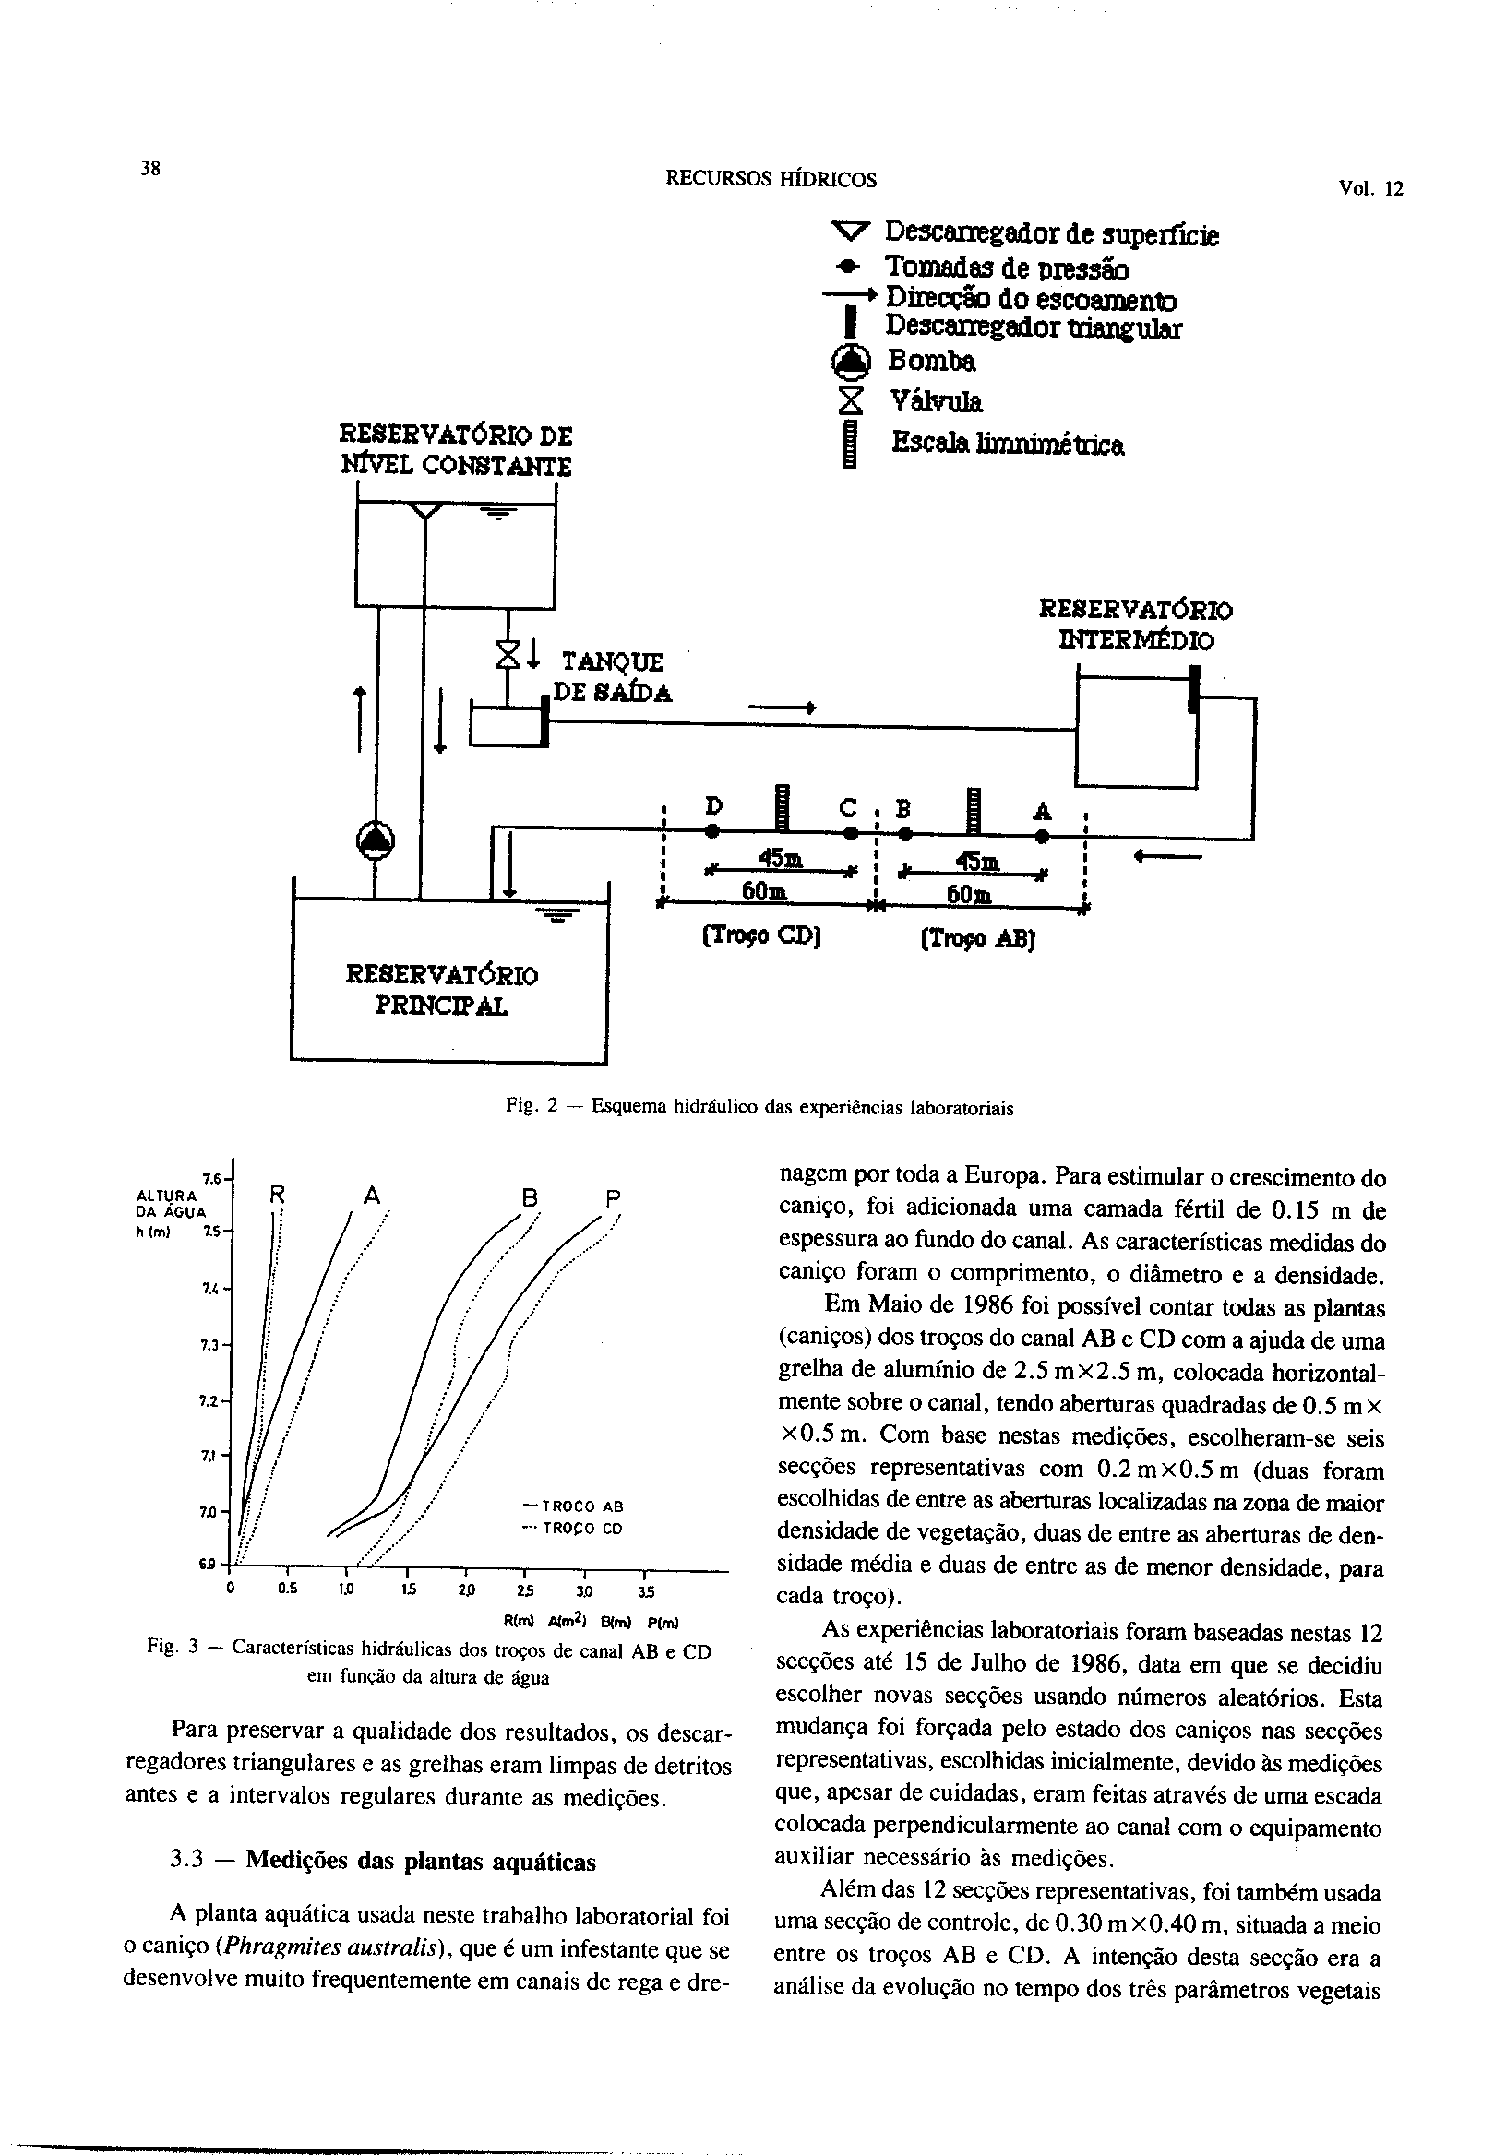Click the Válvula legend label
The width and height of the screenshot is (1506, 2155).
935,402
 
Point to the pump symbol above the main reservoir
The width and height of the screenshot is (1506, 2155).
376,839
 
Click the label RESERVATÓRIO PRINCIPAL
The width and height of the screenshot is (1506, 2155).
442,991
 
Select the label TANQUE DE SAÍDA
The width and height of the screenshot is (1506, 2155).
612,678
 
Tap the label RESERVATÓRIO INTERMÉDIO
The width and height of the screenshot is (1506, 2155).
1135,625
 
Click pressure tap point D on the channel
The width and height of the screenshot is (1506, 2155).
712,831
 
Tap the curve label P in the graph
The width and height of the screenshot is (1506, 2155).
613,1199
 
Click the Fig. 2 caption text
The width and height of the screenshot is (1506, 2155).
759,1108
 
